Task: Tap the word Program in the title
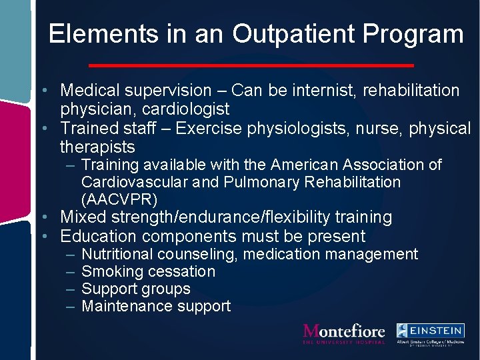pos(416,34)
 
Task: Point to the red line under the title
pos(251,65)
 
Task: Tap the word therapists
pos(97,147)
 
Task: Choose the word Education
pos(99,236)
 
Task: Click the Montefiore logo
pos(344,333)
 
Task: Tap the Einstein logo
pos(430,332)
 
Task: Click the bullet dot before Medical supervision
pos(42,91)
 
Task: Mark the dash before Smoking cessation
pos(71,271)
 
